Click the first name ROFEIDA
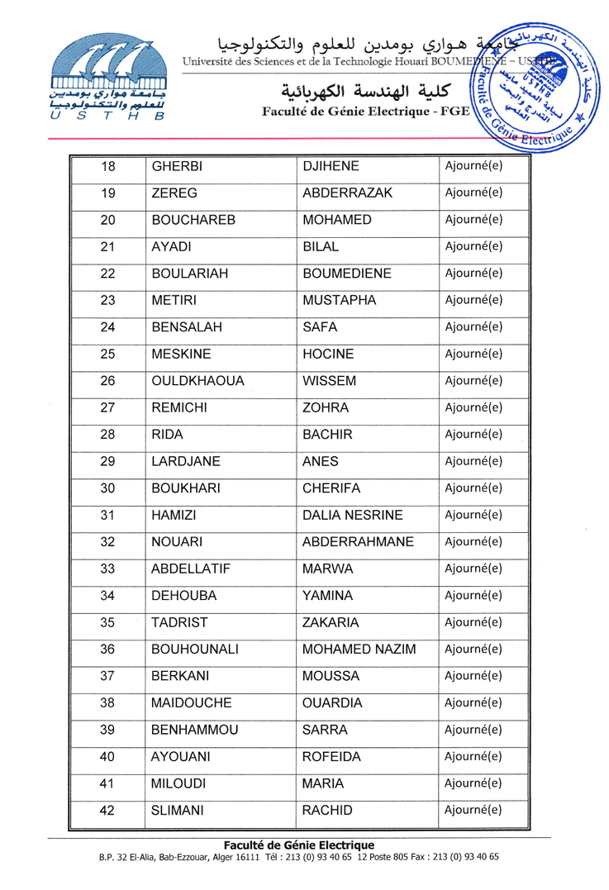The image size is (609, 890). tap(335, 756)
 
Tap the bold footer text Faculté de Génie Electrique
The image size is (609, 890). tap(299, 845)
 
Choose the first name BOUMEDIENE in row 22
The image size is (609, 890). tap(346, 274)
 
